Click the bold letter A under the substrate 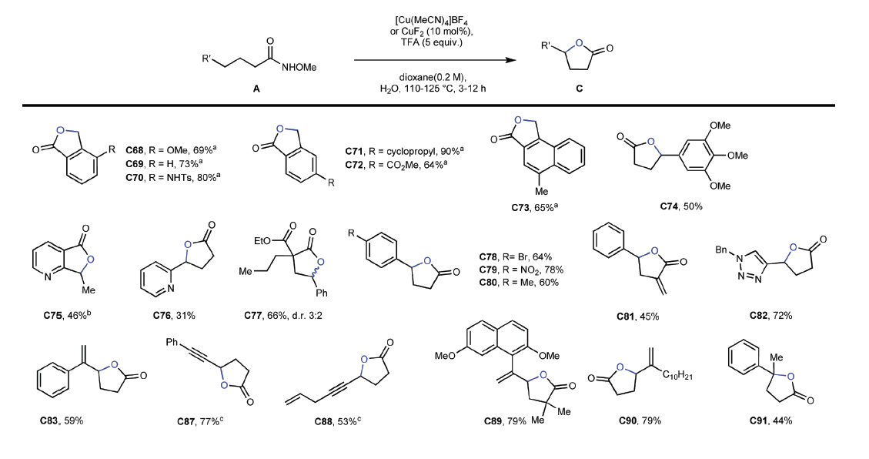point(256,89)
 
